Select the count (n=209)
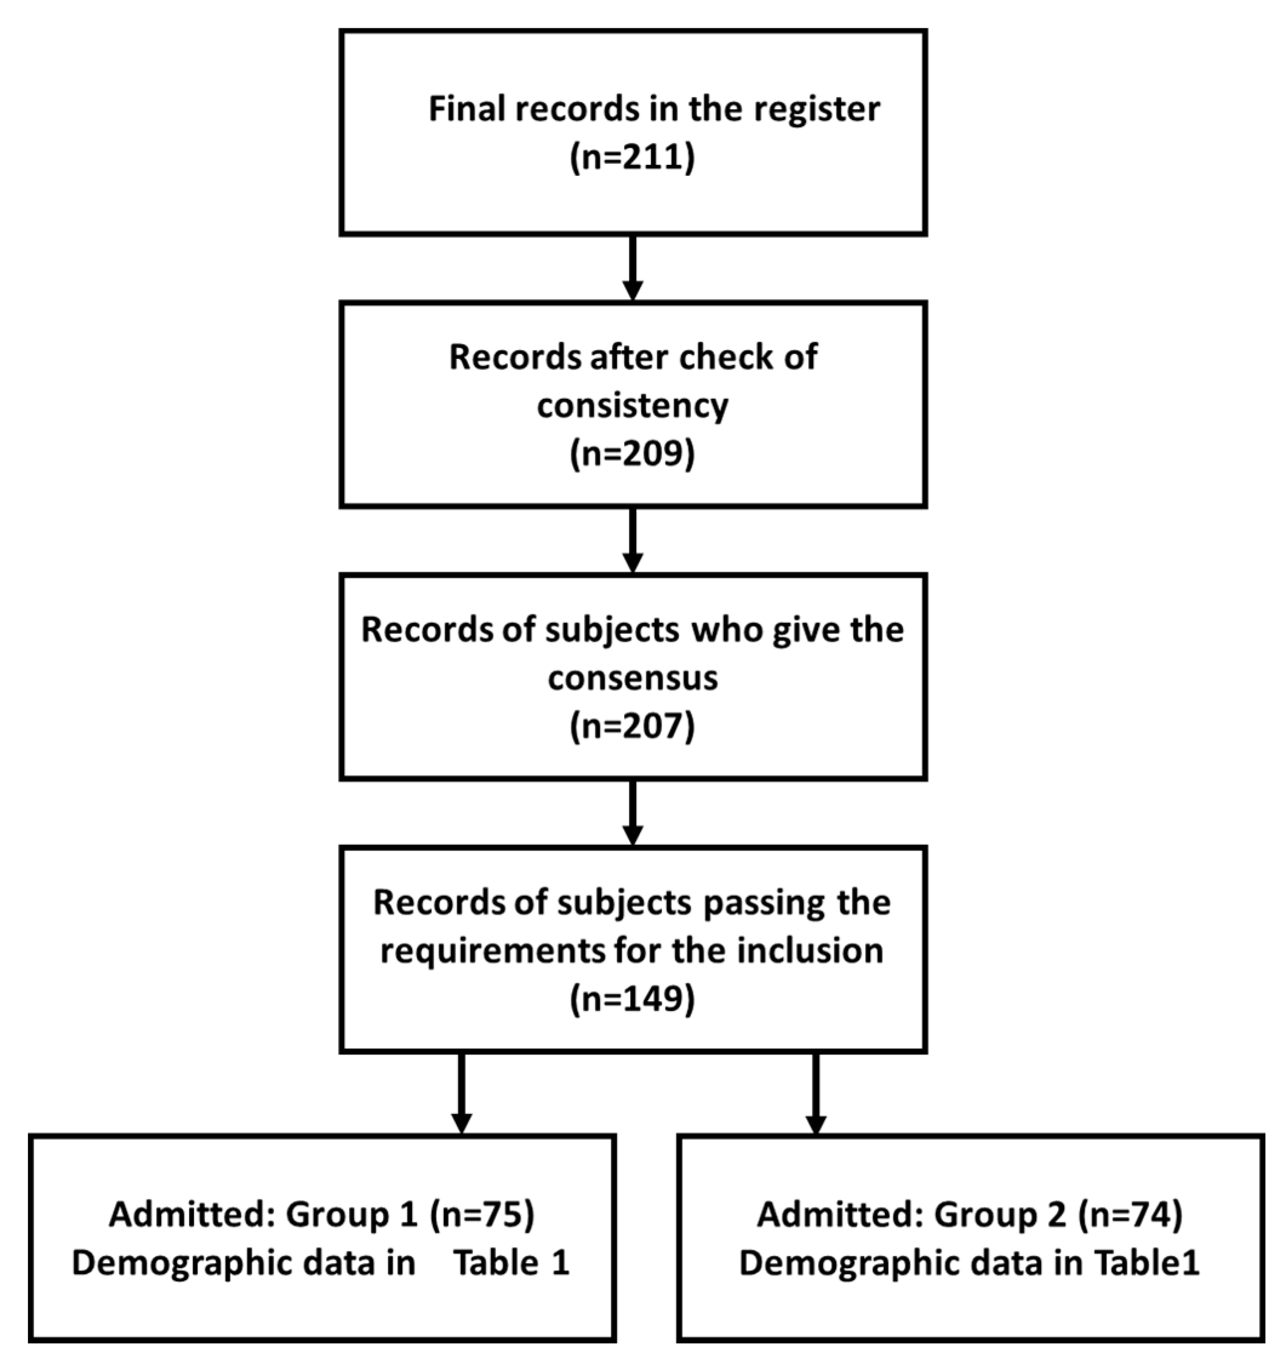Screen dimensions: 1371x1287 [632, 454]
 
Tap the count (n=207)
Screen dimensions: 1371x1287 [632, 726]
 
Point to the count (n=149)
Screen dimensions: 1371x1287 [632, 999]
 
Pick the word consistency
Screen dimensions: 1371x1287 [632, 405]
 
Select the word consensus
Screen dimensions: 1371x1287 [632, 679]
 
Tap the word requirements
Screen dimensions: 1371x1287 [490, 952]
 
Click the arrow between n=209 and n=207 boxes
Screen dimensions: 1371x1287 [632, 541]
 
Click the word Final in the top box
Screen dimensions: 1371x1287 [466, 109]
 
